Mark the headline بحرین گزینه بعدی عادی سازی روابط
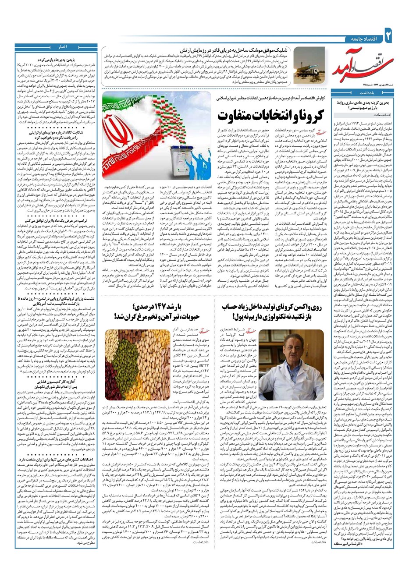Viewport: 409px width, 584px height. [x=366, y=104]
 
